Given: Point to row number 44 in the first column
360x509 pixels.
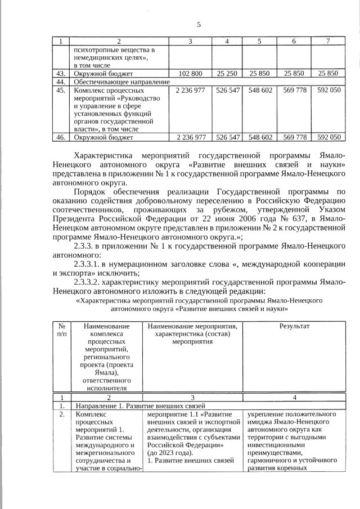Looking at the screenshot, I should coord(61,82).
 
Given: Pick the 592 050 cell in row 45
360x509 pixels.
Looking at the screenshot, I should coord(328,90).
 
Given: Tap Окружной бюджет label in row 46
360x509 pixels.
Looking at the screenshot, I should coord(103,137).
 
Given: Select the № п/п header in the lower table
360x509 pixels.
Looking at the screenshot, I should coord(61,330).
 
